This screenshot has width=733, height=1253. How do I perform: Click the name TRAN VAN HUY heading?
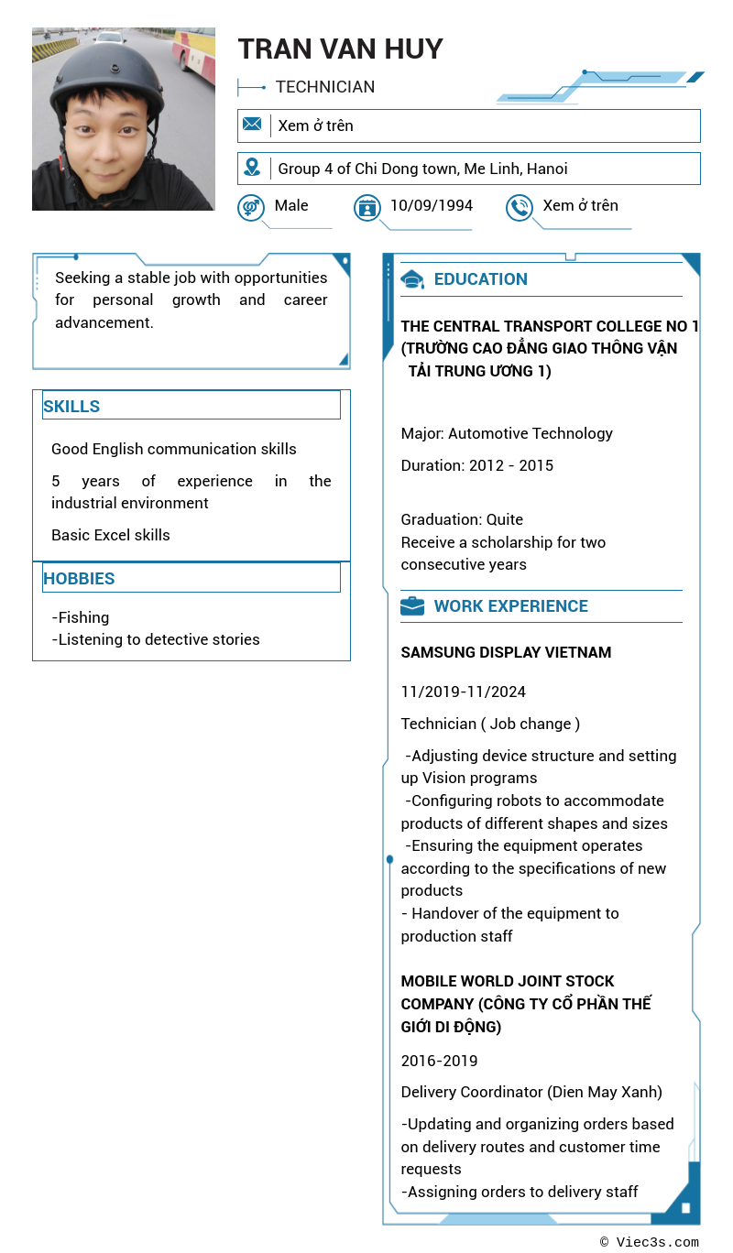(x=340, y=49)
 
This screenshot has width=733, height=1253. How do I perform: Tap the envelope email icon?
(x=252, y=125)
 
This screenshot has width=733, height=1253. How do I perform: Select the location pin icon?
(x=252, y=168)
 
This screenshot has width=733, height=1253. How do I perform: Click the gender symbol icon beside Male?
(x=250, y=208)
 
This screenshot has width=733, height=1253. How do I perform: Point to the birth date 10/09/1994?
(x=431, y=205)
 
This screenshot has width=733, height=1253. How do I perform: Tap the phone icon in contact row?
(x=520, y=208)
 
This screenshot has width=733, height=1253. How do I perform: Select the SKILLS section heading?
(x=71, y=407)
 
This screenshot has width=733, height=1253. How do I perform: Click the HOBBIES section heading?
(x=79, y=579)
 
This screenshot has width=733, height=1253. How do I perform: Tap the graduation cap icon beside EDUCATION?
(x=412, y=279)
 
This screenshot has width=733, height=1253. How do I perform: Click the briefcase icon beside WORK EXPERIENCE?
(x=412, y=606)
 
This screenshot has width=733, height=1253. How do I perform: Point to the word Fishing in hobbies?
(x=83, y=617)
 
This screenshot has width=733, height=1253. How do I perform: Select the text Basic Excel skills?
(x=111, y=535)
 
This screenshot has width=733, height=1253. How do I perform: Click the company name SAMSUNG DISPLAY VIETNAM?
(x=506, y=652)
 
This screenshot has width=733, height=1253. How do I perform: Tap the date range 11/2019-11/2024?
(x=463, y=692)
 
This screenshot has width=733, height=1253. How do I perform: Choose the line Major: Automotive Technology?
(x=507, y=433)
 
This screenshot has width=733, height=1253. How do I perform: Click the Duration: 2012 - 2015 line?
(x=476, y=465)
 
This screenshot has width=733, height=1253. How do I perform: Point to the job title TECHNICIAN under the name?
(x=325, y=87)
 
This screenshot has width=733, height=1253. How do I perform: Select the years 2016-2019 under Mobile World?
(x=439, y=1061)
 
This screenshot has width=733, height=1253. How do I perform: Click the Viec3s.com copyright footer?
(x=650, y=1242)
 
